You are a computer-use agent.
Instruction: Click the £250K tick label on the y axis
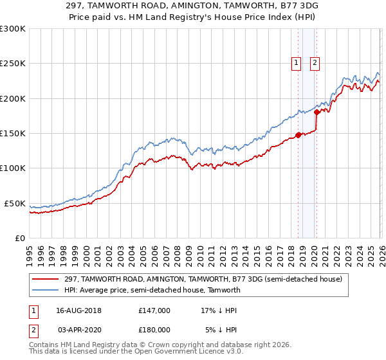[13, 64]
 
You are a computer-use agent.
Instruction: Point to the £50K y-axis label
[15, 203]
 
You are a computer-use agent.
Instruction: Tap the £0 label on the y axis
[20, 238]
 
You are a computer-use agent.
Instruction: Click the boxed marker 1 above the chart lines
[297, 63]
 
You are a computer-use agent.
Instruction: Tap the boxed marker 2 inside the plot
[315, 63]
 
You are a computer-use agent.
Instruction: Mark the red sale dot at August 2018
[298, 135]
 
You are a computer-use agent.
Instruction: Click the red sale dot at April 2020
[317, 112]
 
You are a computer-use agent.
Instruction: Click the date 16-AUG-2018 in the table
[79, 310]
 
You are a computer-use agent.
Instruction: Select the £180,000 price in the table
[154, 329]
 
